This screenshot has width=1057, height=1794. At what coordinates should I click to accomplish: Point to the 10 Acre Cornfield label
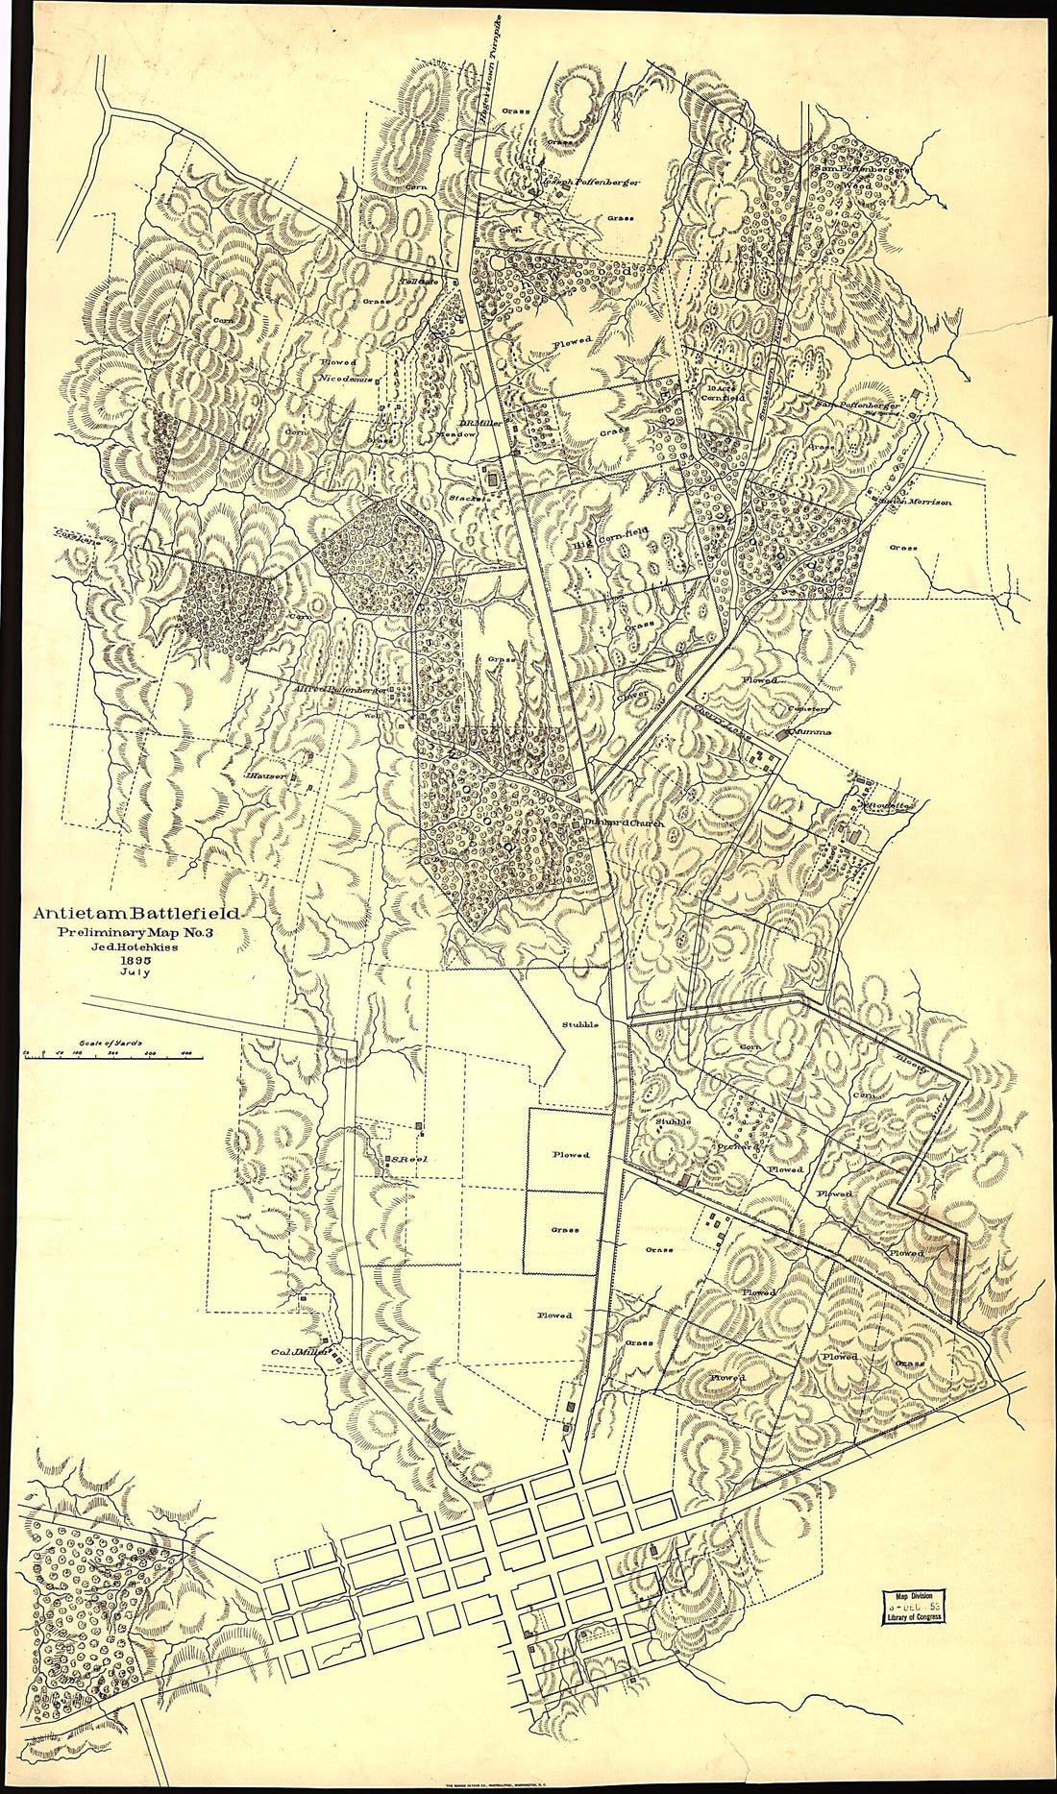coord(725,392)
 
